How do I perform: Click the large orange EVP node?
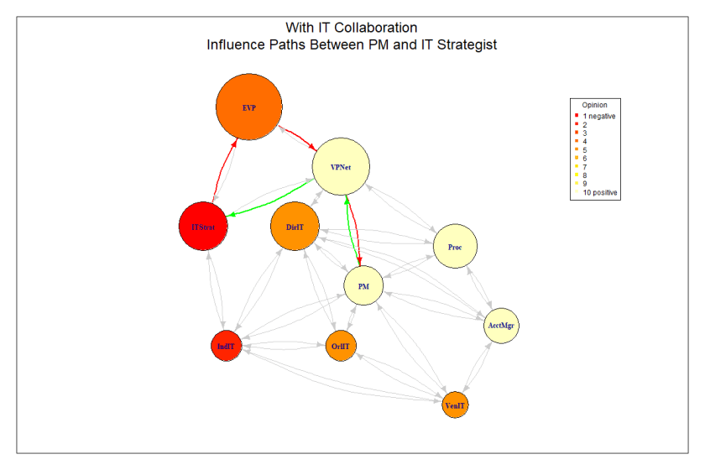[248, 107]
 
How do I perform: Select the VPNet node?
[341, 168]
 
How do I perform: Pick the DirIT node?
[295, 227]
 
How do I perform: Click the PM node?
[363, 286]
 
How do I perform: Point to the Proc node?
[455, 247]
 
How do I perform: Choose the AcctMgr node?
[502, 325]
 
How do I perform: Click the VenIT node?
[455, 405]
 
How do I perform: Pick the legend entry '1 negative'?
[599, 116]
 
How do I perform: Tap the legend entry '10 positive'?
[600, 193]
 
